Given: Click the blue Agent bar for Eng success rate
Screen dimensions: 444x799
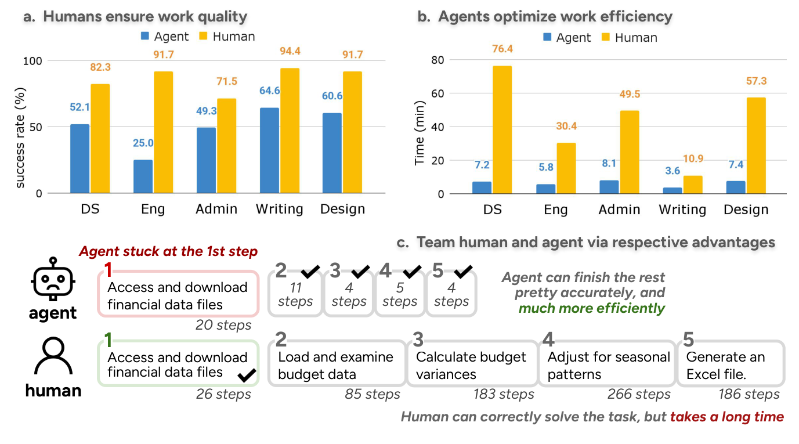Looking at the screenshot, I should (143, 176).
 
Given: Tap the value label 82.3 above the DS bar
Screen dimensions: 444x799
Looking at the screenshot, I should (100, 67).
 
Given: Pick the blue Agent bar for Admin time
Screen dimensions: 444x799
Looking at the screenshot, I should (609, 187).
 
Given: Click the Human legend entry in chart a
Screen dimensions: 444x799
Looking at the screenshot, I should (226, 37).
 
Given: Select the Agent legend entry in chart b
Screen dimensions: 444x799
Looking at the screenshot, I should (566, 38).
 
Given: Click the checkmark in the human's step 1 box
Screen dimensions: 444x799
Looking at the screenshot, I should (247, 376).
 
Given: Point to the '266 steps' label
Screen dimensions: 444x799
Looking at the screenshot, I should (639, 395).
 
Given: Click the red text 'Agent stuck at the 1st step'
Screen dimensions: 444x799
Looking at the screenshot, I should (168, 251).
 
